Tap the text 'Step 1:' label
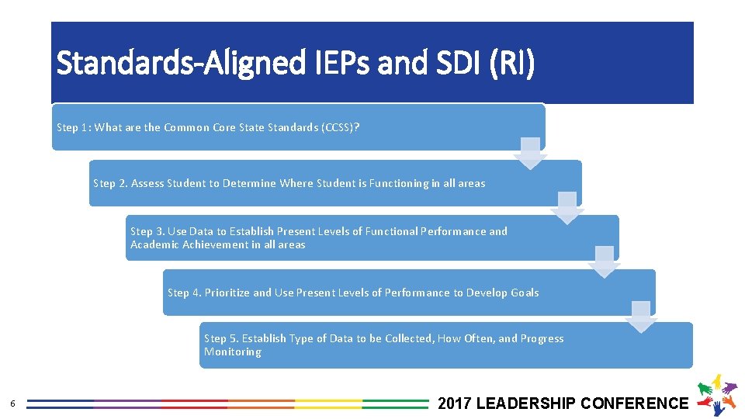click(74, 127)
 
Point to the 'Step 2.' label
click(110, 183)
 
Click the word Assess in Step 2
click(148, 183)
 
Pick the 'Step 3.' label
click(147, 231)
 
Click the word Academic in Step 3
click(155, 244)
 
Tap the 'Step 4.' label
click(185, 293)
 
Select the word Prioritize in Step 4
click(227, 293)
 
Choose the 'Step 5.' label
click(221, 338)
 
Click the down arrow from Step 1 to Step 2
click(530, 153)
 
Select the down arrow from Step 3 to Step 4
click(605, 261)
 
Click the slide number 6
click(12, 403)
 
